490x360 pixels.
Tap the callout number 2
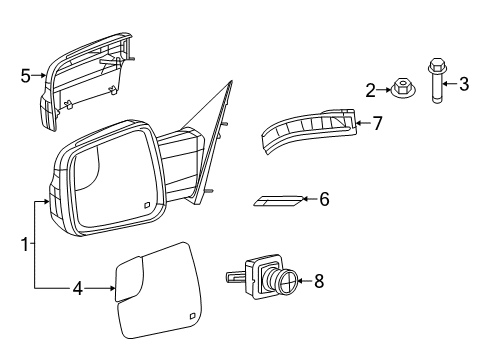point(370,91)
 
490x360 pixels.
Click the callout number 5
point(27,74)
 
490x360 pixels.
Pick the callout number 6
point(323,200)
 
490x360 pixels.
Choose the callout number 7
point(377,124)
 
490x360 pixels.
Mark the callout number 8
point(319,283)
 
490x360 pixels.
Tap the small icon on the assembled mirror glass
point(147,207)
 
